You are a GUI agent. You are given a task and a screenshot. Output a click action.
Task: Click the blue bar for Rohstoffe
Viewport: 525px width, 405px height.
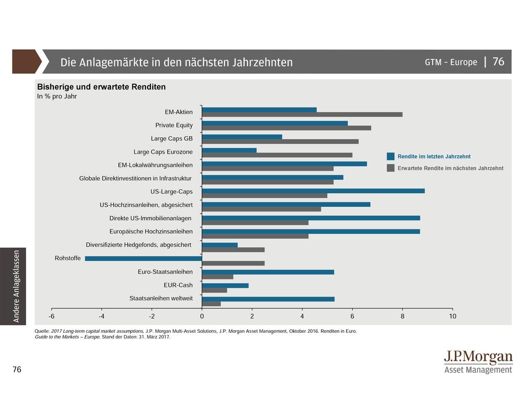(x=144, y=259)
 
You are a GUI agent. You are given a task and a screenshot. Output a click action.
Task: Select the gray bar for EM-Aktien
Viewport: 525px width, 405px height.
(x=302, y=114)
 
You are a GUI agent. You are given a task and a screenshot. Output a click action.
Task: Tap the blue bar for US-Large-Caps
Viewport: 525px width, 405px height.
(x=313, y=191)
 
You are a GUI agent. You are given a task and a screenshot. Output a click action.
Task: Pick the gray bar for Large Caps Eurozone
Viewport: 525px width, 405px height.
(x=277, y=155)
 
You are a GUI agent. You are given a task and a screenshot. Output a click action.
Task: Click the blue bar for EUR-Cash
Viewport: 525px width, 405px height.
(x=225, y=285)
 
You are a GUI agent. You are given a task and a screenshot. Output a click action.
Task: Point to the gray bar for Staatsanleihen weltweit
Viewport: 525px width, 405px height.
(x=211, y=304)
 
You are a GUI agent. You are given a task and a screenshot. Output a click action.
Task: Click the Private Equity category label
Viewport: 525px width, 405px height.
(x=174, y=125)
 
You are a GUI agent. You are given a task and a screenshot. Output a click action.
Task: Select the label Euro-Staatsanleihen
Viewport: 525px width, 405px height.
(x=165, y=272)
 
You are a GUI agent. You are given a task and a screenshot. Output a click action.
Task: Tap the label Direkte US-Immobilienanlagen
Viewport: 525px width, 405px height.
(x=150, y=218)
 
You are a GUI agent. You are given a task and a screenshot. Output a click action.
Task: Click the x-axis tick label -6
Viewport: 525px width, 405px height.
(x=52, y=316)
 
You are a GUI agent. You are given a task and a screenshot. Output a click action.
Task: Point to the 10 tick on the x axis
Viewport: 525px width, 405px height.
(x=452, y=316)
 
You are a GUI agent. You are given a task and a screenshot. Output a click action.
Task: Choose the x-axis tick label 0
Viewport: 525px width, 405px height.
(x=202, y=316)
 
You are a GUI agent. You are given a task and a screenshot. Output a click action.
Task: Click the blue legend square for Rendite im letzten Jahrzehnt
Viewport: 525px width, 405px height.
(x=391, y=157)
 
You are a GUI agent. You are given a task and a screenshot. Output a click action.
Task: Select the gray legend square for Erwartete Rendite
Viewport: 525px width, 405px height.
(x=391, y=168)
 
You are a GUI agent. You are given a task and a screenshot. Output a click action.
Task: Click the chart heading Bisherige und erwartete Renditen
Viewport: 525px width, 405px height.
(x=102, y=87)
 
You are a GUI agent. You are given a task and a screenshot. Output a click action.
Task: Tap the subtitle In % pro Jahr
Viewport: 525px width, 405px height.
(x=57, y=97)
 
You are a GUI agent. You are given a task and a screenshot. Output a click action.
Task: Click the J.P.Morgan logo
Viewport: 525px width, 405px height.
(x=478, y=361)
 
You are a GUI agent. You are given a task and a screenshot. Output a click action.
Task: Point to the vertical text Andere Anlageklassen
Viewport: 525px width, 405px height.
(x=16, y=286)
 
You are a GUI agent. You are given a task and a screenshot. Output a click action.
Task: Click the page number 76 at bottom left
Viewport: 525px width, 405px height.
(x=17, y=370)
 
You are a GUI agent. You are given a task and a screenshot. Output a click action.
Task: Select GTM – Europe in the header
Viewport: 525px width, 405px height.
(x=451, y=62)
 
